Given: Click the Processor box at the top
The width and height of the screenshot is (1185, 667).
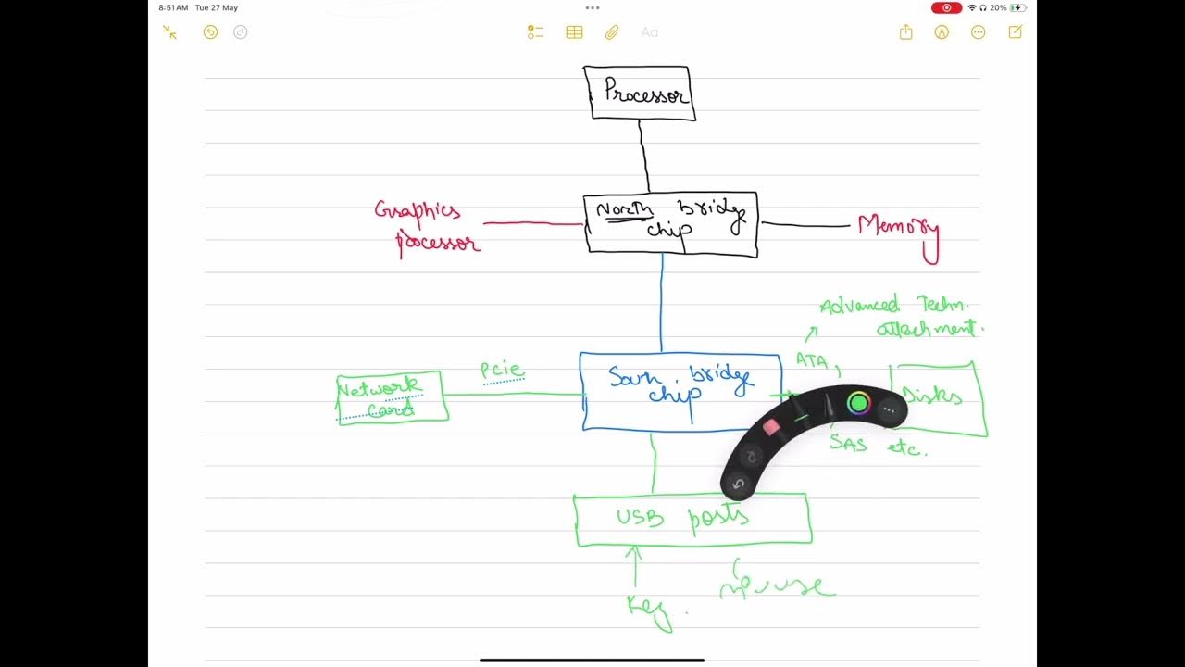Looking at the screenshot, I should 639,93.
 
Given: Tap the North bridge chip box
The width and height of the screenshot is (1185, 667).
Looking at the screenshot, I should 670,223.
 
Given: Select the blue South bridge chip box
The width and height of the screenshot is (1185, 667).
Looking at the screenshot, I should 680,391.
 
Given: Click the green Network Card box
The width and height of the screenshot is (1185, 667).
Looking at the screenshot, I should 392,397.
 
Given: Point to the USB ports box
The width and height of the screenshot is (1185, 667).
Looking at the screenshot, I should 692,519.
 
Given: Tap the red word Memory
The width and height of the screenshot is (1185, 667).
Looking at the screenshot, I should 897,229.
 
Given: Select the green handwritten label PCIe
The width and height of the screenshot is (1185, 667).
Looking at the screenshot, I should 502,371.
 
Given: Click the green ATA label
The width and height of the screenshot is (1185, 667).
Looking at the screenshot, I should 812,360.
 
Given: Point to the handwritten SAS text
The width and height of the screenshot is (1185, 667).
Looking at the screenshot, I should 848,444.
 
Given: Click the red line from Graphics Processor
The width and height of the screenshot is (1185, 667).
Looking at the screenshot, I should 532,223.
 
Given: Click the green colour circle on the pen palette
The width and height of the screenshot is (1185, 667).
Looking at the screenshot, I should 858,403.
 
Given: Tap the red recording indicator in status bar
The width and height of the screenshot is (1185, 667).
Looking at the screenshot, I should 946,7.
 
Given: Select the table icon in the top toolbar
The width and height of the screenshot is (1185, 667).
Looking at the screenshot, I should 574,32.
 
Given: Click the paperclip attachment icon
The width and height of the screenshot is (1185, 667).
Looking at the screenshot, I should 612,32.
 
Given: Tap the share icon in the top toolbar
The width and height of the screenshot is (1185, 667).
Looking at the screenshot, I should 905,32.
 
